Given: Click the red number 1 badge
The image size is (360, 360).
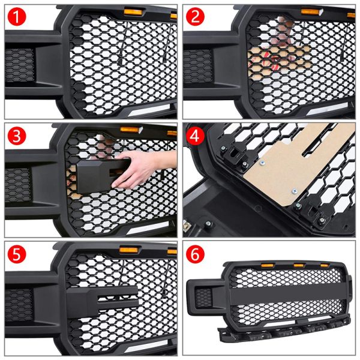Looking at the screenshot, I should coord(16,17).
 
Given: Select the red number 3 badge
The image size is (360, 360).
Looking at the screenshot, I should coord(16,136).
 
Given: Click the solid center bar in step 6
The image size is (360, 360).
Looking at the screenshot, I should coord(282,297).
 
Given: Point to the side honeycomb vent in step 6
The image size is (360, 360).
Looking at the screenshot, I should coord(205,296).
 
